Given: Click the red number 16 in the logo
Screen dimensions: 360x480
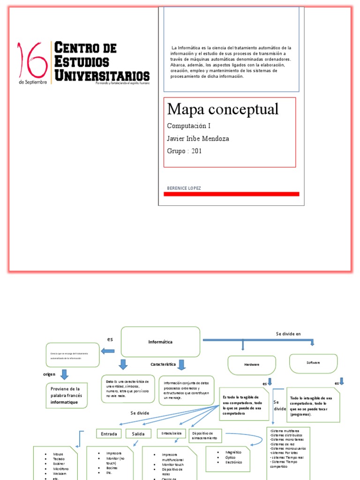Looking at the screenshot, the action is [33, 60].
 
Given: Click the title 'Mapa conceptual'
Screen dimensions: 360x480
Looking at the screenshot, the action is [223, 109].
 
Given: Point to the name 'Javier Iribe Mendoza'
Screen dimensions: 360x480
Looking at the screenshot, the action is [198, 139].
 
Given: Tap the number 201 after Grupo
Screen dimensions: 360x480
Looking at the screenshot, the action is [196, 151].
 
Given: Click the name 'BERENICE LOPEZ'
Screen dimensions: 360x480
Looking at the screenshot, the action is [184, 188].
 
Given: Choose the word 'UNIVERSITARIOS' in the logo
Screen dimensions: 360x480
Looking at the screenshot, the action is [102, 75].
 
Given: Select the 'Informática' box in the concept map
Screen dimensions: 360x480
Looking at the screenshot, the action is [161, 342].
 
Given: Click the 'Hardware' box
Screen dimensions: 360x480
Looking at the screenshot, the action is [251, 365].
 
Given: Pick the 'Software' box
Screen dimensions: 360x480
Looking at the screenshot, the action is [313, 363].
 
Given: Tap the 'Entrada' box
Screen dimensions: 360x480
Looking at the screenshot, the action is [109, 434].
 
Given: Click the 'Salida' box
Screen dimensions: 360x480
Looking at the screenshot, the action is [138, 434].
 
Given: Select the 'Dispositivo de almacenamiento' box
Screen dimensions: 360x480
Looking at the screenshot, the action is [205, 435].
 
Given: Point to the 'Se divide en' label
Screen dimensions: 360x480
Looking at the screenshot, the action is [288, 334].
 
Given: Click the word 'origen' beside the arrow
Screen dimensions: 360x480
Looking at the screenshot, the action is [49, 374].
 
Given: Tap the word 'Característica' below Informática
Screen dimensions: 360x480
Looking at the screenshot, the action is [163, 364].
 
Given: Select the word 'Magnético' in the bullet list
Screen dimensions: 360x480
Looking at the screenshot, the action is [233, 452].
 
